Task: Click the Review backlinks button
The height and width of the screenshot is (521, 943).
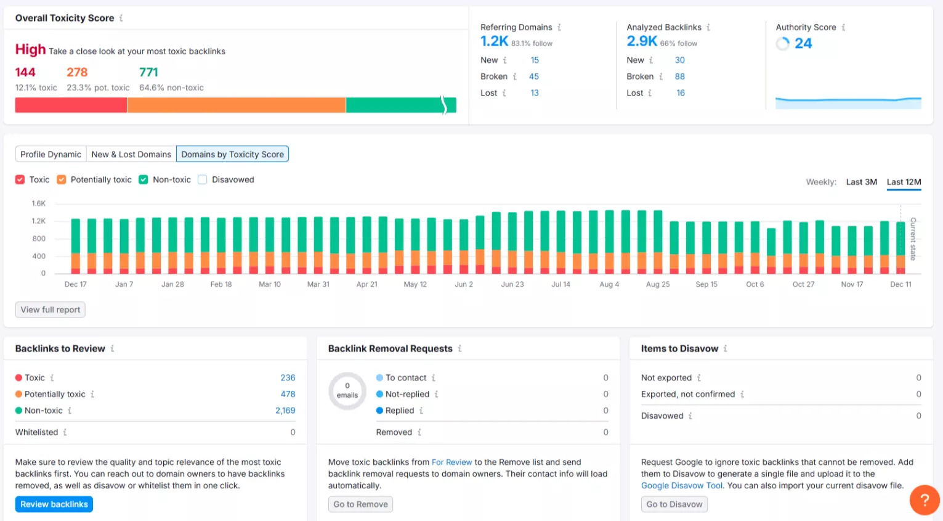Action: (x=54, y=504)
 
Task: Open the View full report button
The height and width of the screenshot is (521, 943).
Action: (x=51, y=310)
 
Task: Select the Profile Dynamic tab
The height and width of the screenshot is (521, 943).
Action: (x=51, y=154)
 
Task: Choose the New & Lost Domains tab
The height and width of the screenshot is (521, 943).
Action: (x=131, y=154)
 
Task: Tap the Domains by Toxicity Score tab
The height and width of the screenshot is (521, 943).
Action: (x=232, y=154)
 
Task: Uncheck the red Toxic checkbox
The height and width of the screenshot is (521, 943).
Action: (x=20, y=179)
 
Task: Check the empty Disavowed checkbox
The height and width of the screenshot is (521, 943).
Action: (x=203, y=179)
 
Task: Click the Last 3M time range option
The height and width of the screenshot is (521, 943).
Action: (x=861, y=182)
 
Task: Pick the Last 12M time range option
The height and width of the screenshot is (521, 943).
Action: (x=904, y=182)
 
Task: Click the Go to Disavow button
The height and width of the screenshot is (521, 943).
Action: (x=674, y=504)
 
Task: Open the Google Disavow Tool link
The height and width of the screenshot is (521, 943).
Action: (x=682, y=486)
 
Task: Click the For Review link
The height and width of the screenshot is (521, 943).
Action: (x=451, y=462)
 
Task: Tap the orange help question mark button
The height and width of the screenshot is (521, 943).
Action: (x=924, y=499)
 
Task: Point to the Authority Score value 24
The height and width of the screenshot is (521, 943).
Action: (x=803, y=43)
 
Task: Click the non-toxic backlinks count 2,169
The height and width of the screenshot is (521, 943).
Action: (x=285, y=411)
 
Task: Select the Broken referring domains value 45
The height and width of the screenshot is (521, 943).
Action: (x=534, y=76)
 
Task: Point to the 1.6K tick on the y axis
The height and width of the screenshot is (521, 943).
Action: (x=39, y=203)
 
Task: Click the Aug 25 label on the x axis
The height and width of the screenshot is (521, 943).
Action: (x=658, y=284)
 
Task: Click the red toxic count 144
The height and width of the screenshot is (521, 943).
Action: (x=25, y=72)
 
